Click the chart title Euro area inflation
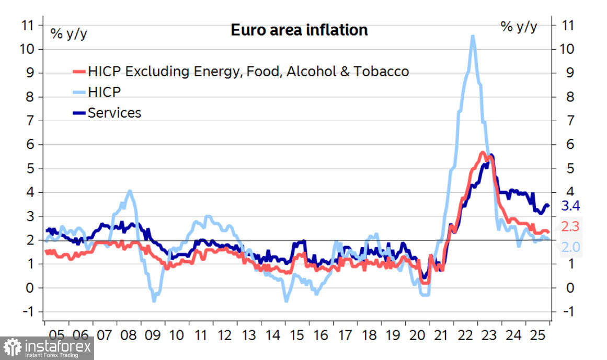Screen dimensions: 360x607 coord(299,30)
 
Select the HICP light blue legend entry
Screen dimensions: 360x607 coord(105,92)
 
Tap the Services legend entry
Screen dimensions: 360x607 coord(114,112)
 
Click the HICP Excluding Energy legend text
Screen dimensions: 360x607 coord(248,71)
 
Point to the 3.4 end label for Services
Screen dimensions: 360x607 coord(570,205)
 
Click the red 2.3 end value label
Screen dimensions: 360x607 coord(570,226)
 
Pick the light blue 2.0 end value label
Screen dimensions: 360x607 coord(570,247)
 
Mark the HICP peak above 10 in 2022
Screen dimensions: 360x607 coord(473,36)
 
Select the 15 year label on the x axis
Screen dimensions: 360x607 coord(297,334)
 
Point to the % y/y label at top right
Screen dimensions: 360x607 coord(519,27)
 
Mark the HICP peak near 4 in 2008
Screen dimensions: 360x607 coord(130,191)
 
